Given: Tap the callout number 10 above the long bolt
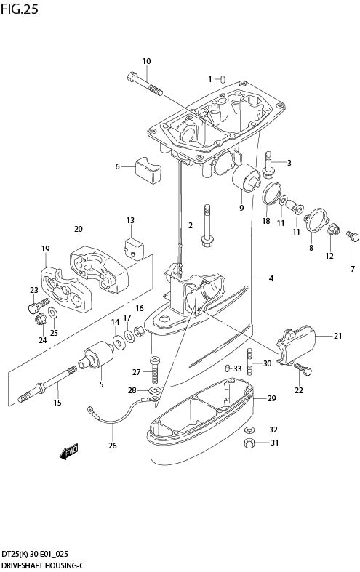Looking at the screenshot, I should (146, 61).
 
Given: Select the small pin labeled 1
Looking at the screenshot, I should (225, 78).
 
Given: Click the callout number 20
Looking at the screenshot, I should (79, 229).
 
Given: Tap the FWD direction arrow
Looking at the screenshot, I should (68, 454).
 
